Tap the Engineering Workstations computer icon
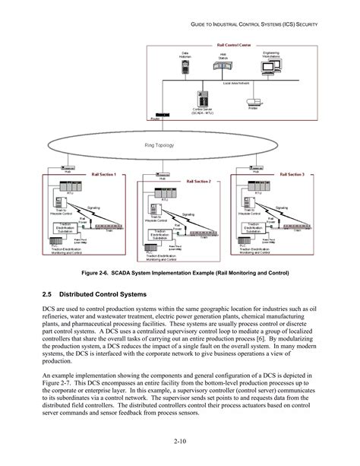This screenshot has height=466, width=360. tap(271, 69)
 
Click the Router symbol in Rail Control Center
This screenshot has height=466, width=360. tap(156, 114)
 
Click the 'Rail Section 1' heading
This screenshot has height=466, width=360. tap(104, 175)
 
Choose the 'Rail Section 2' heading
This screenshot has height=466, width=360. tap(198, 182)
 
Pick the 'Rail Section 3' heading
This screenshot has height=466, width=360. tap(292, 175)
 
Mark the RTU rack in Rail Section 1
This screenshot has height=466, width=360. tap(65, 186)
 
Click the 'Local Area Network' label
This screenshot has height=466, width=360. tap(237, 83)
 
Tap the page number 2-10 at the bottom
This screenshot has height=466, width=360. tap(180, 441)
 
